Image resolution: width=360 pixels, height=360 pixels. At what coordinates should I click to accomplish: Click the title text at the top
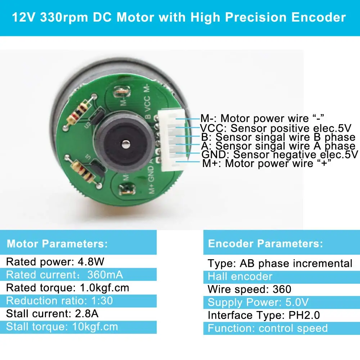[x=179, y=17]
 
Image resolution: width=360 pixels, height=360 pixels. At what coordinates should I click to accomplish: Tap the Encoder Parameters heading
[x=265, y=243]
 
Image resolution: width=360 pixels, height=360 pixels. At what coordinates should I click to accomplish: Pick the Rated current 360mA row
[x=65, y=275]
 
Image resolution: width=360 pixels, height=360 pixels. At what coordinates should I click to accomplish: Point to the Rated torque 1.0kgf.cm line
[x=68, y=288]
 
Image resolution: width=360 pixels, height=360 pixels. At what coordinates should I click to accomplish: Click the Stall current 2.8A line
[x=52, y=314]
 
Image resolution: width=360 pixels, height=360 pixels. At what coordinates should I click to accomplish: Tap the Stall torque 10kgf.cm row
[x=62, y=327]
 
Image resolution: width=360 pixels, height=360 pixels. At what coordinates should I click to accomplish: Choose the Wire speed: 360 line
[x=249, y=289]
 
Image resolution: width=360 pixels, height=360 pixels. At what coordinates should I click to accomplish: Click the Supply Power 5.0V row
[x=258, y=302]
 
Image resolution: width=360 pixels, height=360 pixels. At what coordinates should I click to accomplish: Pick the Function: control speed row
[x=267, y=328]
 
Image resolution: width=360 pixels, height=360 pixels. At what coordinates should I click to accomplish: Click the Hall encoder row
[x=240, y=276]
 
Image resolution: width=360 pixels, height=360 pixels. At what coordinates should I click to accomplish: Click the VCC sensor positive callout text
[x=275, y=128]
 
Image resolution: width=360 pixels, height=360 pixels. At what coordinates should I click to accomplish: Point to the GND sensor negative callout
[x=280, y=155]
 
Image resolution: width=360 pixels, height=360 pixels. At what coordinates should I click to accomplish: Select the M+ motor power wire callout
[x=266, y=164]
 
